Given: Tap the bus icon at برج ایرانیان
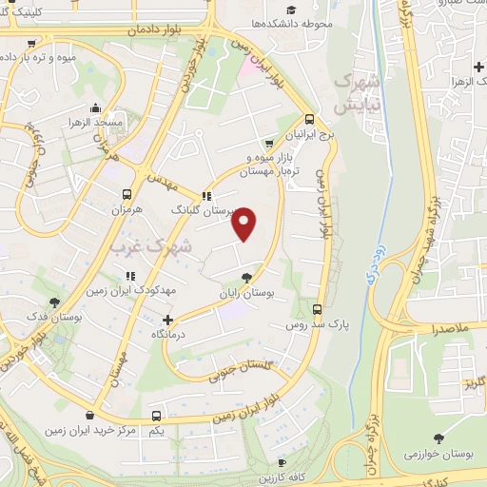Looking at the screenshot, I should [309, 121].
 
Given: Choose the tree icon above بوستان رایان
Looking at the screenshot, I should [247, 278].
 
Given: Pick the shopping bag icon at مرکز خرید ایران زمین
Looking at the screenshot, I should [90, 416].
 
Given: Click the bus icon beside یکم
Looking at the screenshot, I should [156, 416].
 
